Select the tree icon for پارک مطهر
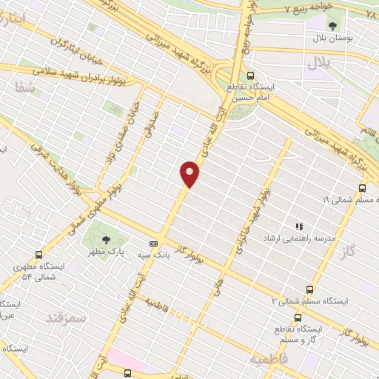pyautogui.click(x=107, y=238)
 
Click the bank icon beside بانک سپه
pyautogui.click(x=153, y=244)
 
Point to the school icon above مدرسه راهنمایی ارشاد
pyautogui.click(x=299, y=227)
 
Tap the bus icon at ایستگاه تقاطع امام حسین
pyautogui.click(x=250, y=75)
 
